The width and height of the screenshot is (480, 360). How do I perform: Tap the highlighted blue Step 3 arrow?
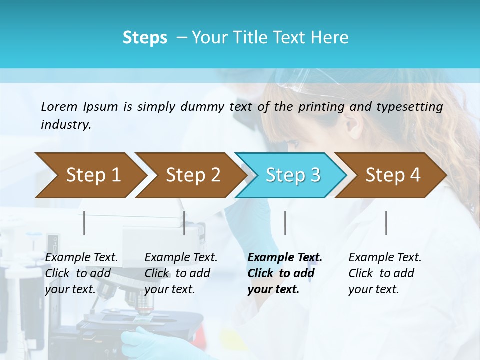click(x=293, y=175)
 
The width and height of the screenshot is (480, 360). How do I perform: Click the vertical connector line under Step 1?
click(x=84, y=223)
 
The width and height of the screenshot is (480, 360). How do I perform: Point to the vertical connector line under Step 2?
click(x=184, y=223)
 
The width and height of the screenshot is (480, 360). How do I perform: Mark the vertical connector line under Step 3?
click(x=285, y=223)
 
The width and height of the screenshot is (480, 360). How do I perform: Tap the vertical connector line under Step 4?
click(x=386, y=223)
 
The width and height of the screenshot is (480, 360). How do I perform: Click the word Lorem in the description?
click(x=59, y=107)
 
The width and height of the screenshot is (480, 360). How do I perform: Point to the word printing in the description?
click(x=322, y=107)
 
